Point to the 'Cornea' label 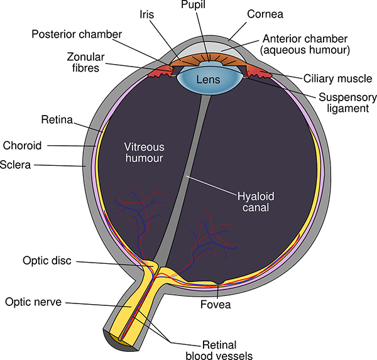point(264,13)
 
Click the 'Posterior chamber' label point(77,33)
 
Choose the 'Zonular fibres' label point(83,62)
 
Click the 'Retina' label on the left point(57,119)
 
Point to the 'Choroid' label point(23,146)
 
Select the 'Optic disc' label point(48,259)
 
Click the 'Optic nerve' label point(33,302)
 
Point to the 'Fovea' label point(216,305)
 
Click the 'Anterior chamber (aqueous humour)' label point(305,43)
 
